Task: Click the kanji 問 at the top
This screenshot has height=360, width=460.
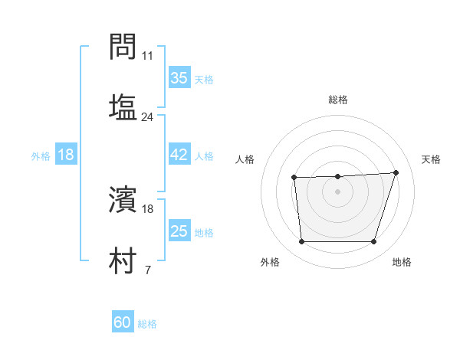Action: click(123, 48)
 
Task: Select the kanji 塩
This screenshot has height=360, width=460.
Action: click(123, 106)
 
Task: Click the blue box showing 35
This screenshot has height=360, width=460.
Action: click(179, 78)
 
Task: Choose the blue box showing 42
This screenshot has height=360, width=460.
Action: click(179, 155)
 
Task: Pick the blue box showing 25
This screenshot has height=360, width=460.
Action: click(179, 231)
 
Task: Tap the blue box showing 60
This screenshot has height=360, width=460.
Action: click(123, 322)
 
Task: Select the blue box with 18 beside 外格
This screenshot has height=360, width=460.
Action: click(66, 155)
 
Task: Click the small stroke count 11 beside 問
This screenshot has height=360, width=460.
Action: click(148, 56)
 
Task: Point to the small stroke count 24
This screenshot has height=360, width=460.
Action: click(148, 117)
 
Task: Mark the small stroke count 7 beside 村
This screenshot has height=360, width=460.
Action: click(147, 269)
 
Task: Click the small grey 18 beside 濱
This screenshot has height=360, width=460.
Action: click(148, 208)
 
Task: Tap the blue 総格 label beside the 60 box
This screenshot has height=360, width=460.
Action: click(147, 324)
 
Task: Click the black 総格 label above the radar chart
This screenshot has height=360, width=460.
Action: click(338, 100)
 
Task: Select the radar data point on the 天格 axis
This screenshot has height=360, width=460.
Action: click(396, 172)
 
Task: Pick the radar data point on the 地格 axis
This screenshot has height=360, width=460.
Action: click(373, 242)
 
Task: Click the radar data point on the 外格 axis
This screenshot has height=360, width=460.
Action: click(302, 242)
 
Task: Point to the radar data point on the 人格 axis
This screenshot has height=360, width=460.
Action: click(294, 178)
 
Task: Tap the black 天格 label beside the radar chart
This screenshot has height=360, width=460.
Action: click(432, 159)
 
